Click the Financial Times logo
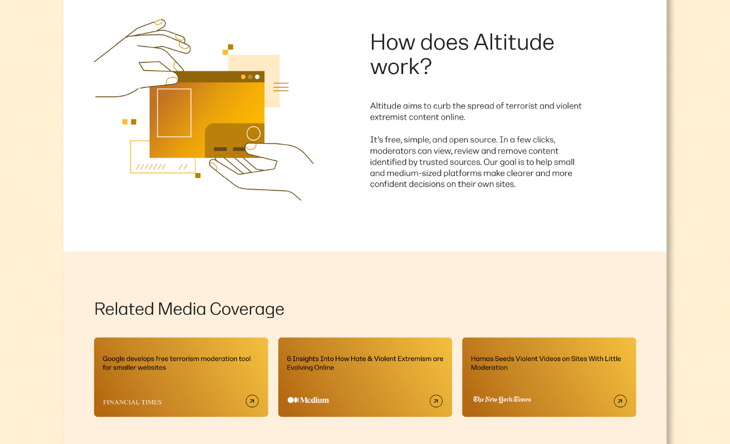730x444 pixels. tap(133, 402)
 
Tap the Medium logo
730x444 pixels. tap(308, 400)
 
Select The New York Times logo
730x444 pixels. tap(502, 399)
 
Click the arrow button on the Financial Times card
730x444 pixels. tap(252, 401)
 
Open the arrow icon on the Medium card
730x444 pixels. tap(436, 401)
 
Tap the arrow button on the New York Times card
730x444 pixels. tap(620, 401)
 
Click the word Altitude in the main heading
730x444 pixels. tap(514, 42)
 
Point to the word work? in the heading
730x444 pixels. tap(401, 67)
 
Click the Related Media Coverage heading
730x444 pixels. tap(189, 309)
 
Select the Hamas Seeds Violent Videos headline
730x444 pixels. tap(546, 363)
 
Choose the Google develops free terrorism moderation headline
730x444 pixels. tap(177, 363)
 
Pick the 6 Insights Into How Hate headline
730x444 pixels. tap(365, 363)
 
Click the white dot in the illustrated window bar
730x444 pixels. tap(257, 77)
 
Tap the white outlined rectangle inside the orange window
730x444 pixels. tap(174, 113)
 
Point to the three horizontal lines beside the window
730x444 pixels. tap(281, 87)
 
